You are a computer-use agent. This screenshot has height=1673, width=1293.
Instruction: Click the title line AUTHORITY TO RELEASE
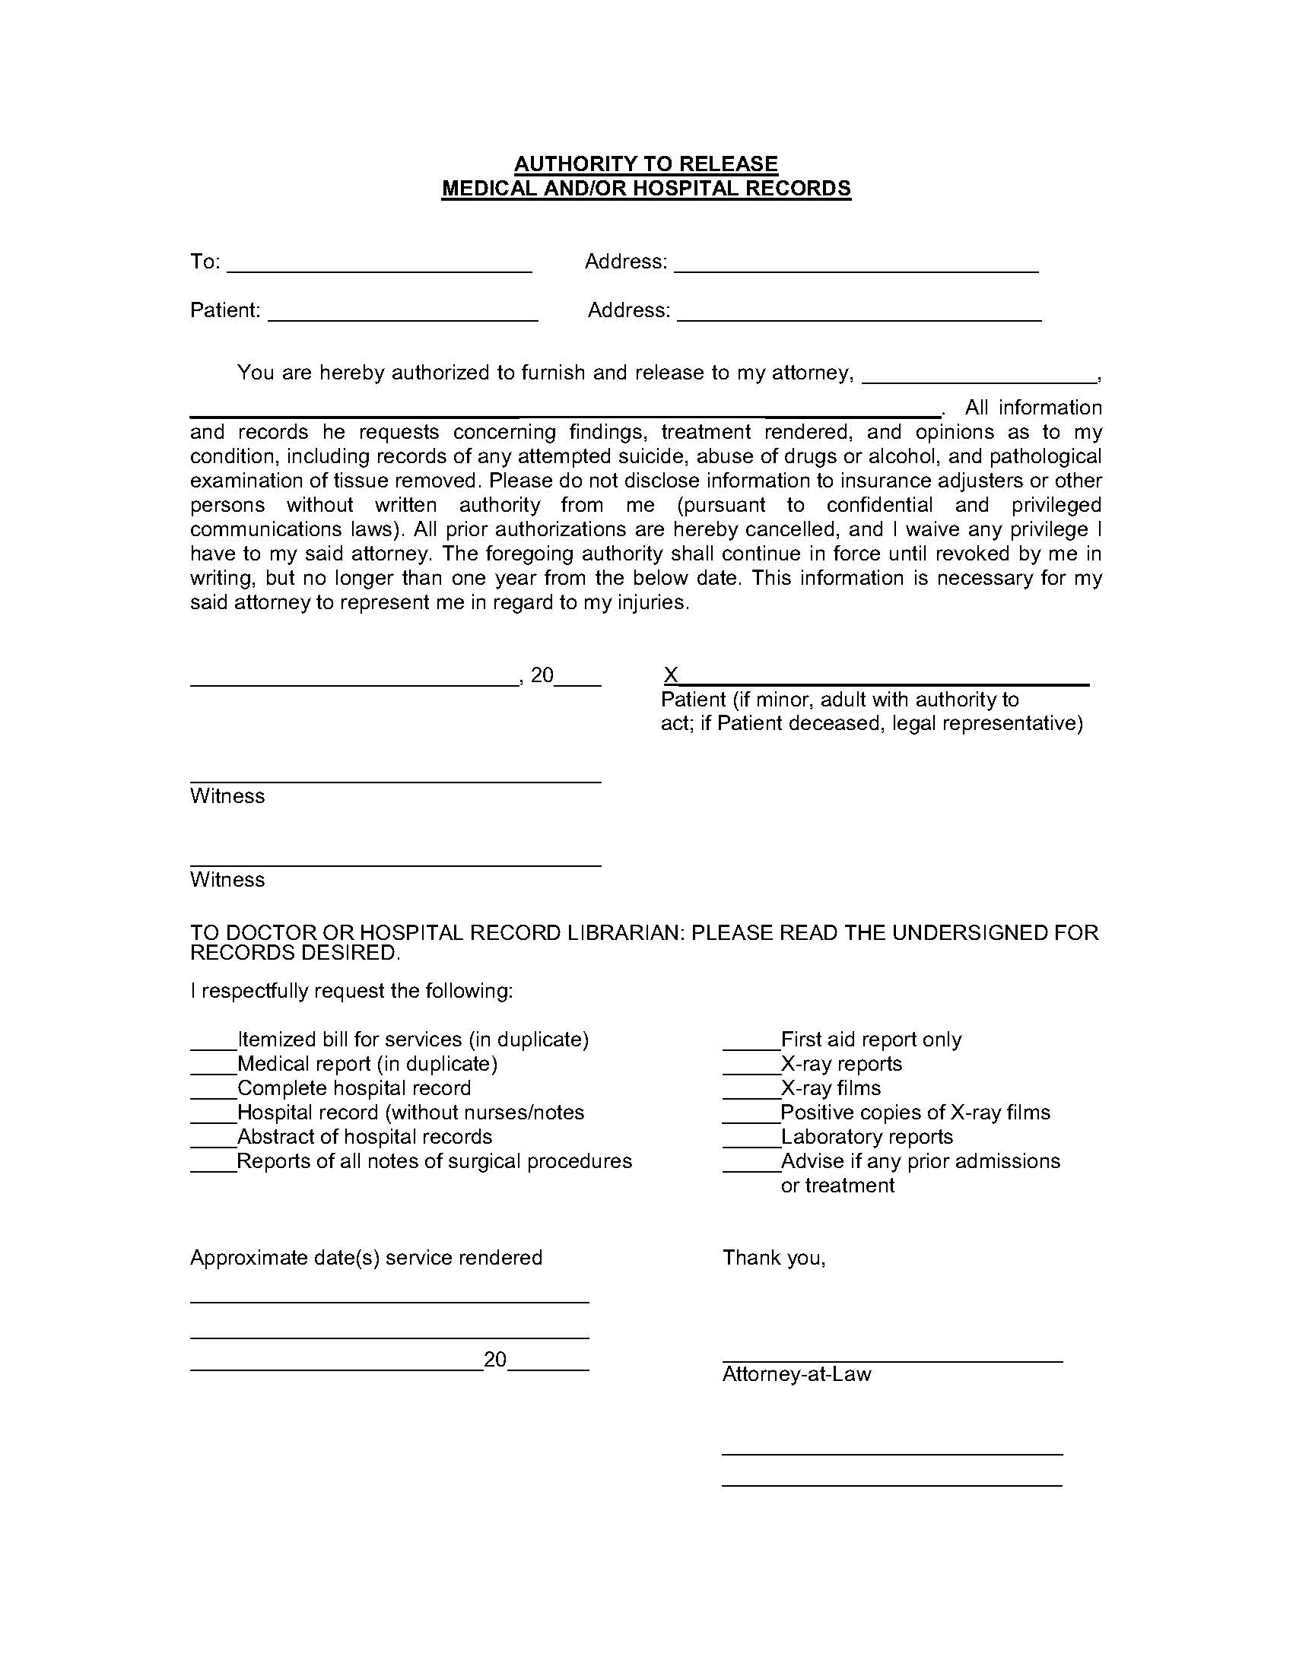646,163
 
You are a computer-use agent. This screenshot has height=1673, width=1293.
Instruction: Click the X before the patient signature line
670,675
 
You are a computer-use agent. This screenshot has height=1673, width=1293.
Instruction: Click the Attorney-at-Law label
796,1373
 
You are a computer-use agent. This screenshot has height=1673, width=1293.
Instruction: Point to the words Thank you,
774,1257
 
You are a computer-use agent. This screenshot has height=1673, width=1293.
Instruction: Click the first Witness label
227,796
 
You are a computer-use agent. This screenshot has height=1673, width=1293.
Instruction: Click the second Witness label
227,879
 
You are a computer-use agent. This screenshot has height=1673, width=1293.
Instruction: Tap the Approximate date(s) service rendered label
365,1257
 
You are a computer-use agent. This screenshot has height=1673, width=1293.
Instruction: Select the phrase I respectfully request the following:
351,991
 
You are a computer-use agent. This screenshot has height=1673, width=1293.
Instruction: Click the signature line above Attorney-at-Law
891,1360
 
